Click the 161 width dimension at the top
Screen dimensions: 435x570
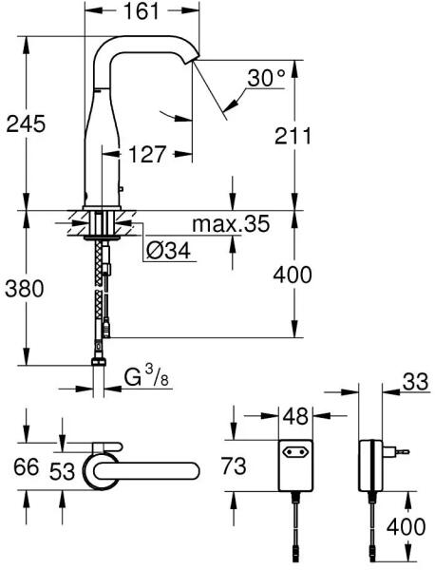(x=142, y=11)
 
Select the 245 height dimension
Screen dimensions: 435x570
(x=27, y=124)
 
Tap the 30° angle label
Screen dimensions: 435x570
(x=266, y=78)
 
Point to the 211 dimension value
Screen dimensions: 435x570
(x=293, y=136)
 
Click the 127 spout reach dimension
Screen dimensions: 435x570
(x=147, y=154)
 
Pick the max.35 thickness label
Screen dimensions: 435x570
(x=231, y=223)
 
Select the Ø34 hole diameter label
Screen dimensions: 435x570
(x=168, y=251)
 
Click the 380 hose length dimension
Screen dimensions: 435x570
(x=25, y=288)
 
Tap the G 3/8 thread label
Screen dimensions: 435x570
(x=147, y=378)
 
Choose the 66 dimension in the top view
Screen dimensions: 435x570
(x=26, y=466)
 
